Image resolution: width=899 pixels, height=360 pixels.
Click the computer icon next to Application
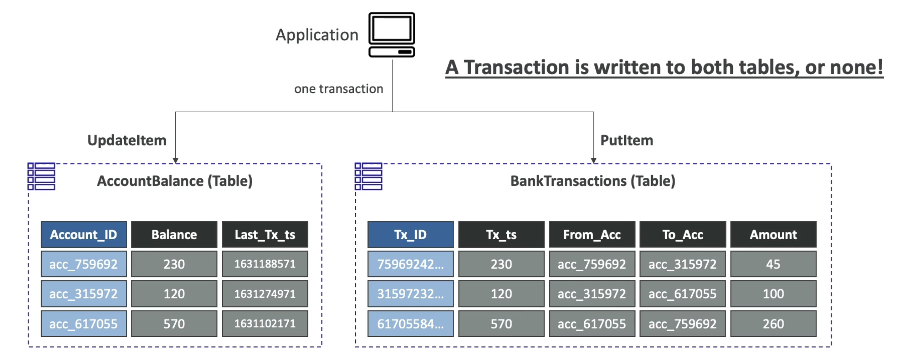point(391,35)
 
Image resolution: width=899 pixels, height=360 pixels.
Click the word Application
point(317,35)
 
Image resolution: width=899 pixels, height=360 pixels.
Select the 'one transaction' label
point(338,89)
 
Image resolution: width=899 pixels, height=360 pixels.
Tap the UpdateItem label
point(127,140)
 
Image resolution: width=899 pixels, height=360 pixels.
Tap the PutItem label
point(626,140)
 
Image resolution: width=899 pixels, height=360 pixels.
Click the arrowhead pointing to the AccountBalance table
point(176,161)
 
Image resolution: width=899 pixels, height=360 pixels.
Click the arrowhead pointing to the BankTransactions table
point(593,161)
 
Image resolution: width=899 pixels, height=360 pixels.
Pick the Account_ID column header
point(84,235)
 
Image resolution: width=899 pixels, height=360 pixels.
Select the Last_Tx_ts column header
point(265,235)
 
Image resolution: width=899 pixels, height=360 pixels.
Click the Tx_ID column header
point(410,235)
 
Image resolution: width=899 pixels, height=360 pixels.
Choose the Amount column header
point(773,235)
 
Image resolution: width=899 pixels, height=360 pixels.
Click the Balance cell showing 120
point(174,294)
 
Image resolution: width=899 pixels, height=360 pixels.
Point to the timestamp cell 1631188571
point(265,264)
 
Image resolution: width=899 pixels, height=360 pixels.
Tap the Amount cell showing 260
point(773,324)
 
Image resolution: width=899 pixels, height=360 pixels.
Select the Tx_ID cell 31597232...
point(410,294)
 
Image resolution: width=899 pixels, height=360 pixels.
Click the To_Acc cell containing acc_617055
point(683,294)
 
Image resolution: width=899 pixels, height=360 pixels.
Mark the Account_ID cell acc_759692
point(84,264)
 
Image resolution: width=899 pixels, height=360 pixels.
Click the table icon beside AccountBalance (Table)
point(41,176)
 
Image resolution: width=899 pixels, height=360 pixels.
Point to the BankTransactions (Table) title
point(593,181)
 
